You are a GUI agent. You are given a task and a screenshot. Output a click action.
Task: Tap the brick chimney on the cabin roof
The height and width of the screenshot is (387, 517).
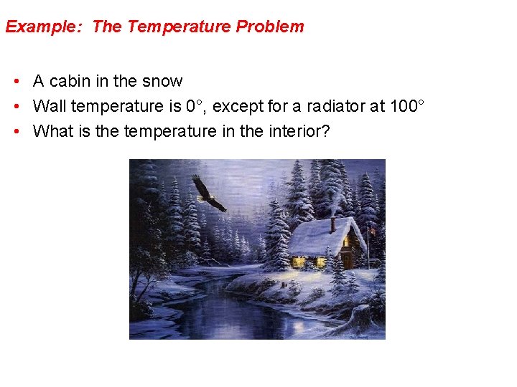tap(332, 224)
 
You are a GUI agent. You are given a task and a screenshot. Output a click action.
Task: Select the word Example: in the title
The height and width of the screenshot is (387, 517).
tap(45, 27)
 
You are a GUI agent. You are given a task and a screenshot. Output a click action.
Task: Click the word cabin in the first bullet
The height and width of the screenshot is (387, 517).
tap(69, 82)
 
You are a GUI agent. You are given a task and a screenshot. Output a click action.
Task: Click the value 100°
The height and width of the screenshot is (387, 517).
tap(407, 107)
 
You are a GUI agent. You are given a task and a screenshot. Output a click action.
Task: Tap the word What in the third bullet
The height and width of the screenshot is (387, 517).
tap(51, 132)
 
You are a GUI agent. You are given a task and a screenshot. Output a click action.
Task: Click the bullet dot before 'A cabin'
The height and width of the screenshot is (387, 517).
tap(16, 82)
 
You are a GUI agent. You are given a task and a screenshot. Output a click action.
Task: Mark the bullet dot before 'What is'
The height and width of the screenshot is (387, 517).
tap(16, 132)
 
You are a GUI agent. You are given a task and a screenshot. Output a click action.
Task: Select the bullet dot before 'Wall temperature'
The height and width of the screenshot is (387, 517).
tap(16, 107)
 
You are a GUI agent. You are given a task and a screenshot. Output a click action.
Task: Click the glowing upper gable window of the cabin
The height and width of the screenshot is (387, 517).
tap(346, 242)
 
